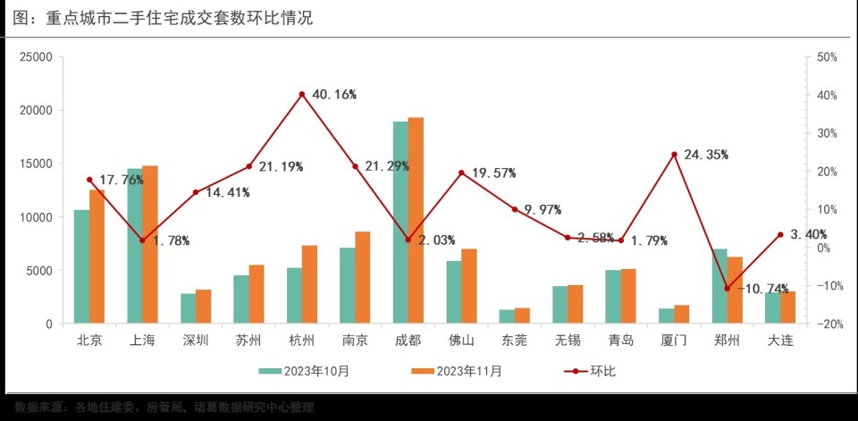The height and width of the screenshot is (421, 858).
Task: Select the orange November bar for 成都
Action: click(x=416, y=221)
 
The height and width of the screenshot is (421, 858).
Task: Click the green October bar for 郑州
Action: click(x=719, y=286)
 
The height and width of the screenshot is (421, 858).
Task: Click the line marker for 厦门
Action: click(x=675, y=155)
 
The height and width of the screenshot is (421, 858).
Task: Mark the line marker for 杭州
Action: click(x=302, y=94)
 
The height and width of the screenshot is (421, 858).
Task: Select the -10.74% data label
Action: click(x=762, y=289)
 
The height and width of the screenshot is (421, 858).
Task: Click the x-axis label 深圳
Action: click(x=195, y=341)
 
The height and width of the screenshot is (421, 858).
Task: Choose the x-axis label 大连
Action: click(x=780, y=341)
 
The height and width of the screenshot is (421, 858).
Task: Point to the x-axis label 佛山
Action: click(x=461, y=341)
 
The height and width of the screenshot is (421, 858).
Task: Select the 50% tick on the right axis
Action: click(x=826, y=57)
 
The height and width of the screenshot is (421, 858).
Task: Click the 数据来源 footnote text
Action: click(x=164, y=408)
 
